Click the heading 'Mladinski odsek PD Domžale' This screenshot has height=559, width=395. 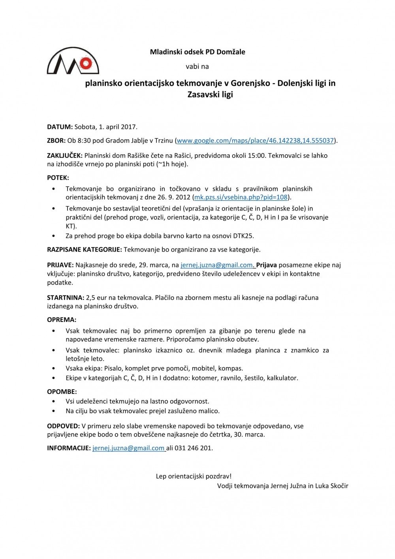coord(197,52)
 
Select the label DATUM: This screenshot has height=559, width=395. coord(60,127)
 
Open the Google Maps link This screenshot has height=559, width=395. coord(255,140)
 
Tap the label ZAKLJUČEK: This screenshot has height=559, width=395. coord(65,155)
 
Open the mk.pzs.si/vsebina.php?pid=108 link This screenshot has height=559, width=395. coord(241,197)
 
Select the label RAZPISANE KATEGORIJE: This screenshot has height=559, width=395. coord(85,250)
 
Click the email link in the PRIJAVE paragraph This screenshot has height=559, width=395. coord(216,265)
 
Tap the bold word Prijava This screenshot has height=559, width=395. coord(266,265)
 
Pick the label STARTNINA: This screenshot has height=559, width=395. coord(66,297)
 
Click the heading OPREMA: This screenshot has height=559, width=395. coord(62,320)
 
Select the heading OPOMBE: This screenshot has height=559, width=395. coord(62,392)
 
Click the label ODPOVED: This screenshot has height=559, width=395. coord(63,426)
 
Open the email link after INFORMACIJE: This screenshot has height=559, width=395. coord(128,448)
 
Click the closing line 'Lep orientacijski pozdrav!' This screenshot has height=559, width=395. coord(194,476)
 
